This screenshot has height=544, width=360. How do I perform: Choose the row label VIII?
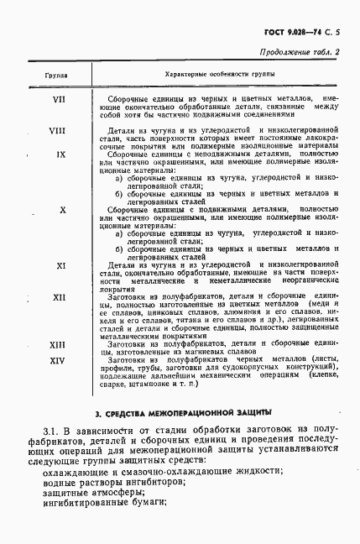[x=58, y=130]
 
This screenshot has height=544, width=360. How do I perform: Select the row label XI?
[x=61, y=264]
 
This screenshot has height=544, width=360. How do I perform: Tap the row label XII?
[x=60, y=297]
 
